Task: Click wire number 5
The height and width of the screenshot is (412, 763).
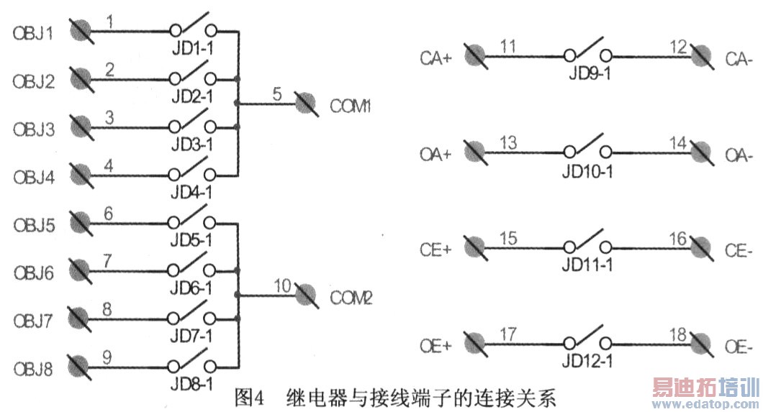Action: (277, 93)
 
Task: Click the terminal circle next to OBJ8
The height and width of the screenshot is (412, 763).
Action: (80, 365)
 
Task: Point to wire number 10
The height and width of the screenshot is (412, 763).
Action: (282, 285)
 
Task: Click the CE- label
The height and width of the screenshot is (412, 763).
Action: (739, 250)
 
